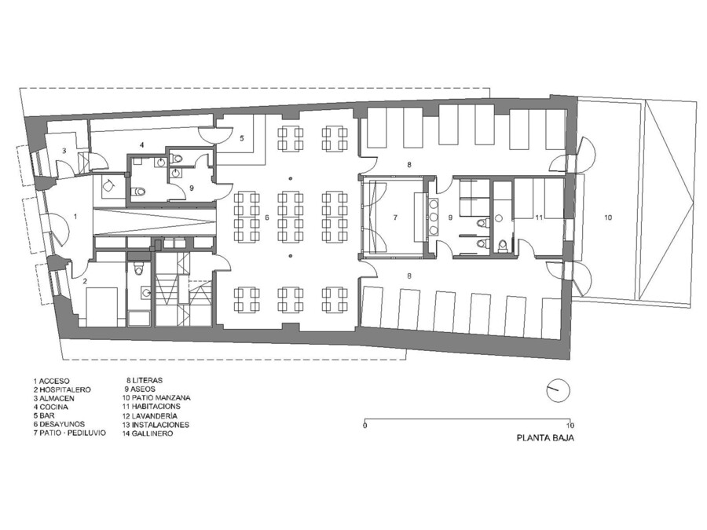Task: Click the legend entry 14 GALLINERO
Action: pyautogui.click(x=147, y=433)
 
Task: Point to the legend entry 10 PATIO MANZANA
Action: pyautogui.click(x=156, y=398)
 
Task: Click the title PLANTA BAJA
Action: pyautogui.click(x=545, y=437)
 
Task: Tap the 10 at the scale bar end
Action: pyautogui.click(x=570, y=425)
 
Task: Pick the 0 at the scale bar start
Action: pyautogui.click(x=364, y=425)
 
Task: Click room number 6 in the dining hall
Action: pyautogui.click(x=267, y=217)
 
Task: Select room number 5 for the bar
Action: pyautogui.click(x=242, y=138)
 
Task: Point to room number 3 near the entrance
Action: pyautogui.click(x=64, y=151)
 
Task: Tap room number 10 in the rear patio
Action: pyautogui.click(x=608, y=217)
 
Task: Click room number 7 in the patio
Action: pyautogui.click(x=395, y=217)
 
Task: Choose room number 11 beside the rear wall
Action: pyautogui.click(x=539, y=217)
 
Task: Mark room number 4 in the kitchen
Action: pyautogui.click(x=141, y=145)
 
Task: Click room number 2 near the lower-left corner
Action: pyautogui.click(x=84, y=281)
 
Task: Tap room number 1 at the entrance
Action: pyautogui.click(x=75, y=217)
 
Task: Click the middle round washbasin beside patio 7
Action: pyautogui.click(x=434, y=217)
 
